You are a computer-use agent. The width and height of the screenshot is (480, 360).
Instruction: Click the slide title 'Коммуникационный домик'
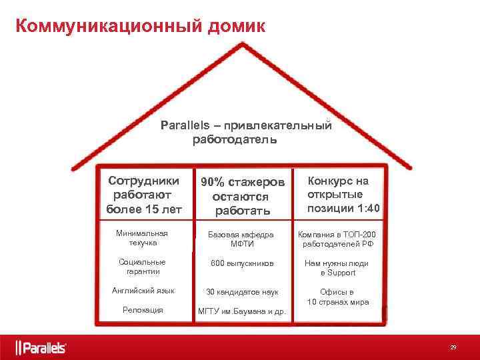pos(140,26)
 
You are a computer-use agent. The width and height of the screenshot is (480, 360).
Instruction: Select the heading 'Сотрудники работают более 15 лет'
pos(143,195)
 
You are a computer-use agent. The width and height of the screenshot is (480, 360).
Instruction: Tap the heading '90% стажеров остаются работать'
pos(242,197)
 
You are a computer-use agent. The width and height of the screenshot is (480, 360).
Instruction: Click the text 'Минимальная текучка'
pos(141,239)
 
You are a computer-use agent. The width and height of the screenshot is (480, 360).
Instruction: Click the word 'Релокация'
pos(143,310)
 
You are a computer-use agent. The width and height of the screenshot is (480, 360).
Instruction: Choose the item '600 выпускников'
pos(241,263)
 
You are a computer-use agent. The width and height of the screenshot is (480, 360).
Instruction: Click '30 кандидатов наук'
pos(241,292)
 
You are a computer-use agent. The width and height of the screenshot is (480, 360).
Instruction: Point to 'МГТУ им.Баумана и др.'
pos(241,311)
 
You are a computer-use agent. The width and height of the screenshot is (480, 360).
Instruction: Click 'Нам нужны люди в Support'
pos(337,268)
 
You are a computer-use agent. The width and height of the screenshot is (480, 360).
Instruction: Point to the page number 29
pos(453,347)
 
